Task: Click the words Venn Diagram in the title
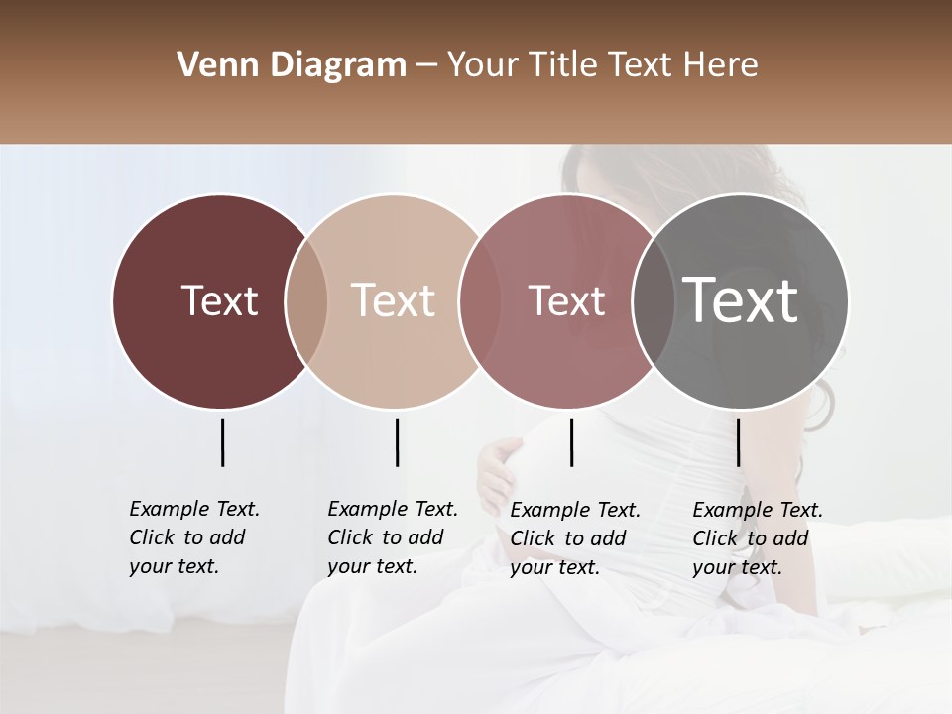coord(292,65)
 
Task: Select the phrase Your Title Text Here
coord(602,65)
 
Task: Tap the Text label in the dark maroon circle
coord(219,300)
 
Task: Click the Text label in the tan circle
coord(394,300)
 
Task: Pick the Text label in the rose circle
coord(566,300)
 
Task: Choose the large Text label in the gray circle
coord(741,299)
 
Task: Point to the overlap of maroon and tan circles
coord(306,301)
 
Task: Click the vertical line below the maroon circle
coord(222,442)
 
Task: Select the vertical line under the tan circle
coord(397,442)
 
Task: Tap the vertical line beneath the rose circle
coord(571,442)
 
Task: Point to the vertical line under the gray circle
coord(738,442)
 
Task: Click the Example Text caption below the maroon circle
coord(194,537)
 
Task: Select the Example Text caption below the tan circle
coord(393,537)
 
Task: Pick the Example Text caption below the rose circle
coord(575,538)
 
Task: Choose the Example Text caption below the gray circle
coord(758,538)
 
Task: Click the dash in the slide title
coord(426,65)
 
